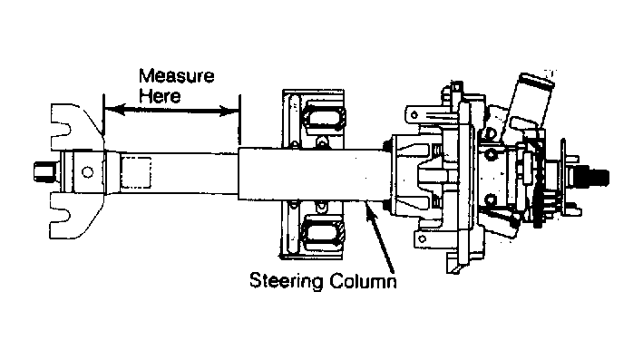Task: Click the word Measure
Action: click(176, 76)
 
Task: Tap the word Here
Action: click(160, 96)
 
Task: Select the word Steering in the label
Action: click(287, 281)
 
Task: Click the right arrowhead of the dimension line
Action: click(229, 111)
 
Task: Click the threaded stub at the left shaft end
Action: click(44, 171)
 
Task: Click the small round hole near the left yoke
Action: click(87, 171)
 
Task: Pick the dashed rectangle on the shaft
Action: click(136, 172)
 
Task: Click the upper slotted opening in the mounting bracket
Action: click(324, 118)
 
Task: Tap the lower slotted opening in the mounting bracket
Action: click(324, 234)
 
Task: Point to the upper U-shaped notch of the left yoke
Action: click(62, 130)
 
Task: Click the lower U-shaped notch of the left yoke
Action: click(62, 215)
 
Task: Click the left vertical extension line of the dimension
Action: click(103, 116)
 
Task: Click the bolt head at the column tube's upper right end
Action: click(386, 146)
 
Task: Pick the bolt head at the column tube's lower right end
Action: click(386, 205)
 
